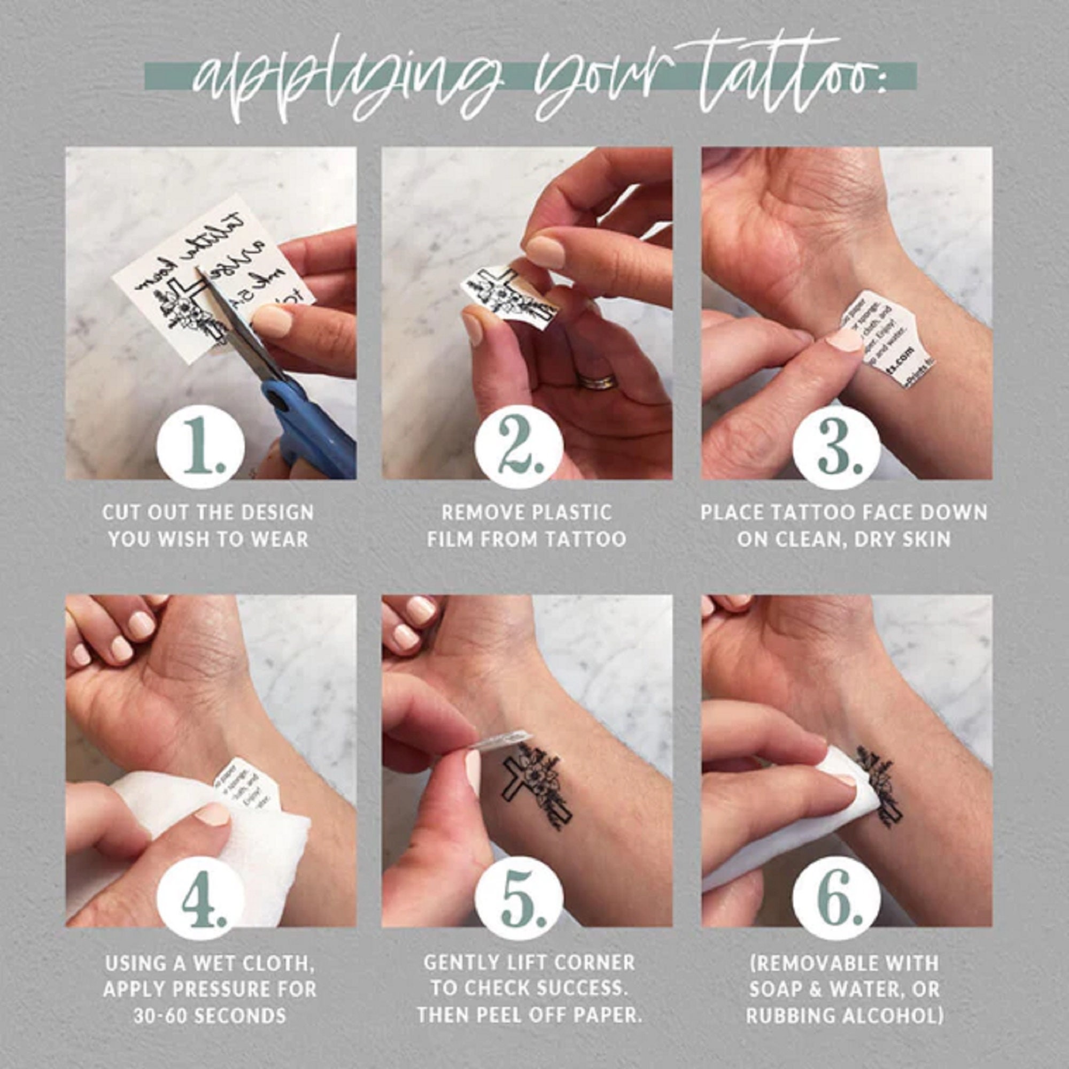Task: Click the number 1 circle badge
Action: pos(200,446)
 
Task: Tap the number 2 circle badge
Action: pos(518,446)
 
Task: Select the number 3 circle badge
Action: pos(836,446)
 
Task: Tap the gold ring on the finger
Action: pos(597,382)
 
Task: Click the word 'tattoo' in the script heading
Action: pos(786,78)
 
